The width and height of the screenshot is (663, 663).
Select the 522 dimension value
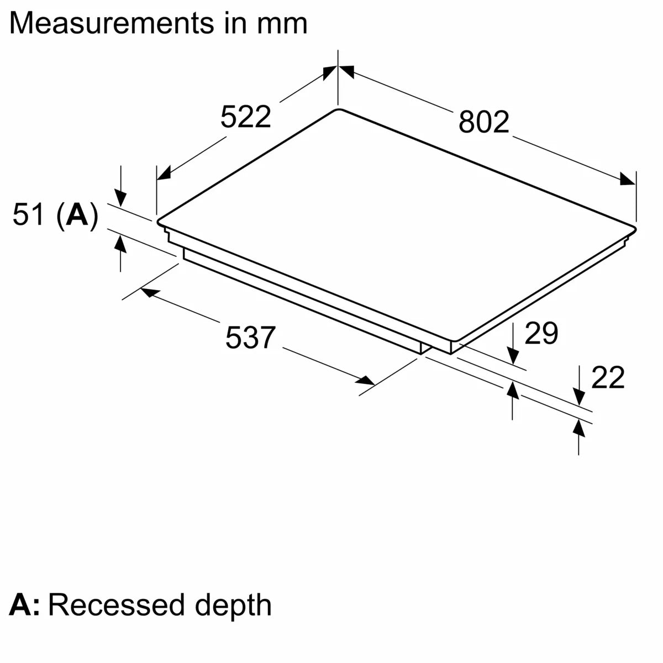(x=246, y=117)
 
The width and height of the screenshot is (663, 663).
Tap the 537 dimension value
(x=250, y=337)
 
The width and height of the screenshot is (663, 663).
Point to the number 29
(x=541, y=333)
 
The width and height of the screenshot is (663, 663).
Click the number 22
(x=608, y=378)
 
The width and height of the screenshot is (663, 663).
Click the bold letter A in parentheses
(x=77, y=214)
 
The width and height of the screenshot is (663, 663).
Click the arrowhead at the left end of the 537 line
(x=149, y=291)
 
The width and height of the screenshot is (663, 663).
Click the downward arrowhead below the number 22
(x=578, y=397)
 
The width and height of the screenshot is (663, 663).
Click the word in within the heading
(x=236, y=23)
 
